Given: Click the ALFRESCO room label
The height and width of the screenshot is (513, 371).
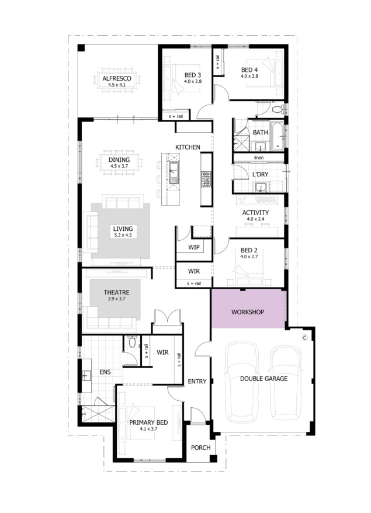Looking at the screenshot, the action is coord(117,78).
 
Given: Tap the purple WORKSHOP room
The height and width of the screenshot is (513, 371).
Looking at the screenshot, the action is coord(248,309).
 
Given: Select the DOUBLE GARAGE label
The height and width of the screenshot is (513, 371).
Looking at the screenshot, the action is coord(263,379).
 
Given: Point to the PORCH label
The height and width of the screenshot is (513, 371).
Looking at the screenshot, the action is coord(200,448).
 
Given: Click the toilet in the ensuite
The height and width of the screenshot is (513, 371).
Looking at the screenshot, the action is coord(132,342).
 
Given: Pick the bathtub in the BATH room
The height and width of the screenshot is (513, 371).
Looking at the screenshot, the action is coord(278,136).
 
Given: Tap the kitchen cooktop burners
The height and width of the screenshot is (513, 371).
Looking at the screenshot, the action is coord(206,179).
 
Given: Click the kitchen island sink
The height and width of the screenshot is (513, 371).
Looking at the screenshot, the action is coord(174,173).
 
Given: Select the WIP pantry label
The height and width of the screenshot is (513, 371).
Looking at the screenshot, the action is coord(193,247).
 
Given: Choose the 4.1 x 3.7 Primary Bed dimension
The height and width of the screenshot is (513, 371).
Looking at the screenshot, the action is coord(148,429).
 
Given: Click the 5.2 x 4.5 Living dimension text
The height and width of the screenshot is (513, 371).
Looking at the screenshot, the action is coord(123,235).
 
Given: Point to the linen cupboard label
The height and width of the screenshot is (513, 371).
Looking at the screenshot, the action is coord(259,158).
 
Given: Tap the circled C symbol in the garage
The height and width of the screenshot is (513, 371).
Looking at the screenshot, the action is coord(305,338).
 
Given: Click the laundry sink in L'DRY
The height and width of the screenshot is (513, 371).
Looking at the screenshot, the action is coord(261,188).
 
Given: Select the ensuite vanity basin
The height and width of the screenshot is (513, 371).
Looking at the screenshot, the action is coord(86,376).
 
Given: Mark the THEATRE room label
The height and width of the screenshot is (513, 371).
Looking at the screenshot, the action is coord(116,293).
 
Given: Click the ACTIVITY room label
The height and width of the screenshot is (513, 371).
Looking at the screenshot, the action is coord(255,213).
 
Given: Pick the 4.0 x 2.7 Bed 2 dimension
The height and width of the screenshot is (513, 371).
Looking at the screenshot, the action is coord(249,257).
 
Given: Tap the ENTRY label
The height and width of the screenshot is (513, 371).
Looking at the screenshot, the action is coord(197,382).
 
